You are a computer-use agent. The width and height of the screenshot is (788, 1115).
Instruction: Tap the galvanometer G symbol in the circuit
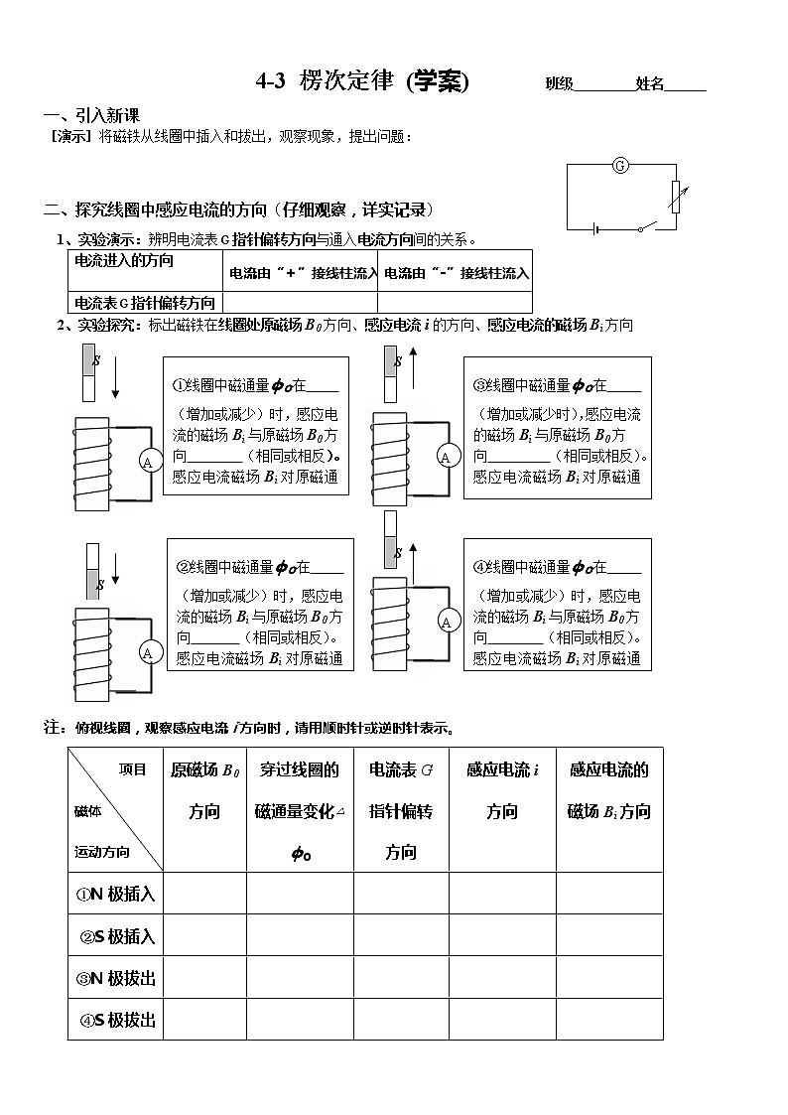[619, 165]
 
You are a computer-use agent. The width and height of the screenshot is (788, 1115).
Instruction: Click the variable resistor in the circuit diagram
[675, 196]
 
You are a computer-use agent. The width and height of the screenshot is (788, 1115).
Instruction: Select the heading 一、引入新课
[92, 116]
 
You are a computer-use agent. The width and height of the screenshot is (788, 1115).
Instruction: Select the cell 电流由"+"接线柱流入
[302, 273]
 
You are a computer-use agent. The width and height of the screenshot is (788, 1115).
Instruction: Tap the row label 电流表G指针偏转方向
[145, 303]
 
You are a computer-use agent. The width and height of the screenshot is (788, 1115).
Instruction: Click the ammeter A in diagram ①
[148, 462]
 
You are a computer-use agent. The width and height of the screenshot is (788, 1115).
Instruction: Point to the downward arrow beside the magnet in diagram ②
[116, 569]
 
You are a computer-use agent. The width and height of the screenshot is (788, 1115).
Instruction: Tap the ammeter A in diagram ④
[447, 622]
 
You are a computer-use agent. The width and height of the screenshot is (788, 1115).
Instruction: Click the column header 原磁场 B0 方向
[204, 789]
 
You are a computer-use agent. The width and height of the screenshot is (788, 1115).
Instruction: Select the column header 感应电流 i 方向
[502, 789]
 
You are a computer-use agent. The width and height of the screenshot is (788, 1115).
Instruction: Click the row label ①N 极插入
[115, 894]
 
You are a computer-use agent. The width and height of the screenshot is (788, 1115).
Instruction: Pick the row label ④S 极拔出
[117, 1020]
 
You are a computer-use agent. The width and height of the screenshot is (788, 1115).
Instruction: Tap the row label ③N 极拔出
[115, 978]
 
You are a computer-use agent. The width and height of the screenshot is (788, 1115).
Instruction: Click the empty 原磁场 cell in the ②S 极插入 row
[204, 935]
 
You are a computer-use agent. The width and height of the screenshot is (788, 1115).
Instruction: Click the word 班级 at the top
[560, 84]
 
